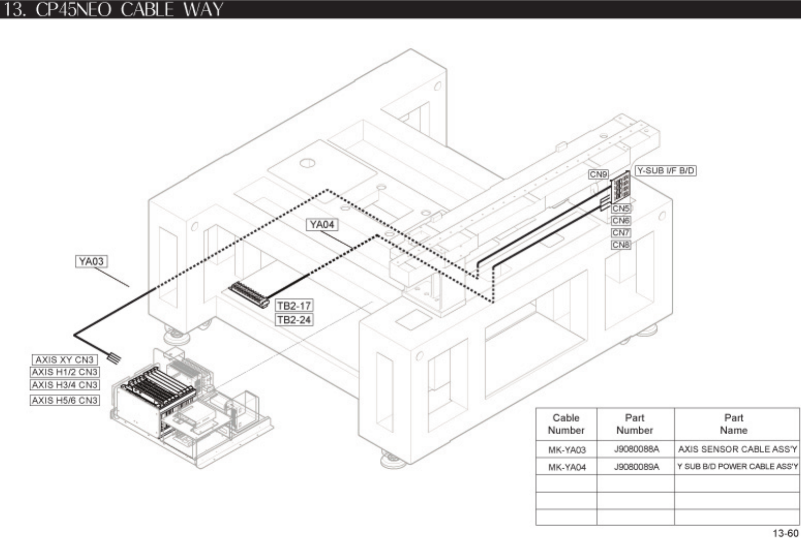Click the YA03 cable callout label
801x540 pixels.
(x=91, y=262)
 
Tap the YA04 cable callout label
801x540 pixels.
(x=322, y=225)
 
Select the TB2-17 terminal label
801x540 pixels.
(x=294, y=306)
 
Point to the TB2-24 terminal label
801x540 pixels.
(x=294, y=320)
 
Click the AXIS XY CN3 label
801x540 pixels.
(x=65, y=360)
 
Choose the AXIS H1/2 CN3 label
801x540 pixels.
(x=65, y=372)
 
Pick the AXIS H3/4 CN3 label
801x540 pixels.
(x=65, y=385)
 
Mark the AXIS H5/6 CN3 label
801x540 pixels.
(x=65, y=400)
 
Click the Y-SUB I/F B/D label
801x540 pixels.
(x=665, y=170)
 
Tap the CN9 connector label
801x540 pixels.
(x=598, y=174)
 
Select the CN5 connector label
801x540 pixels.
(x=621, y=209)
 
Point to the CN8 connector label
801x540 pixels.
(x=621, y=245)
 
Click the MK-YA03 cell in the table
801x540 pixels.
(x=566, y=450)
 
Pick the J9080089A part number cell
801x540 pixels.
(x=636, y=467)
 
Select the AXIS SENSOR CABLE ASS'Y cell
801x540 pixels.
(x=737, y=449)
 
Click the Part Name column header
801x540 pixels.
(x=733, y=424)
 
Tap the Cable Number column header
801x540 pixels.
(x=566, y=424)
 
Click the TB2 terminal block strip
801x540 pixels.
(x=249, y=295)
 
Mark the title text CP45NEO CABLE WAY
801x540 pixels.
(x=129, y=9)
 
